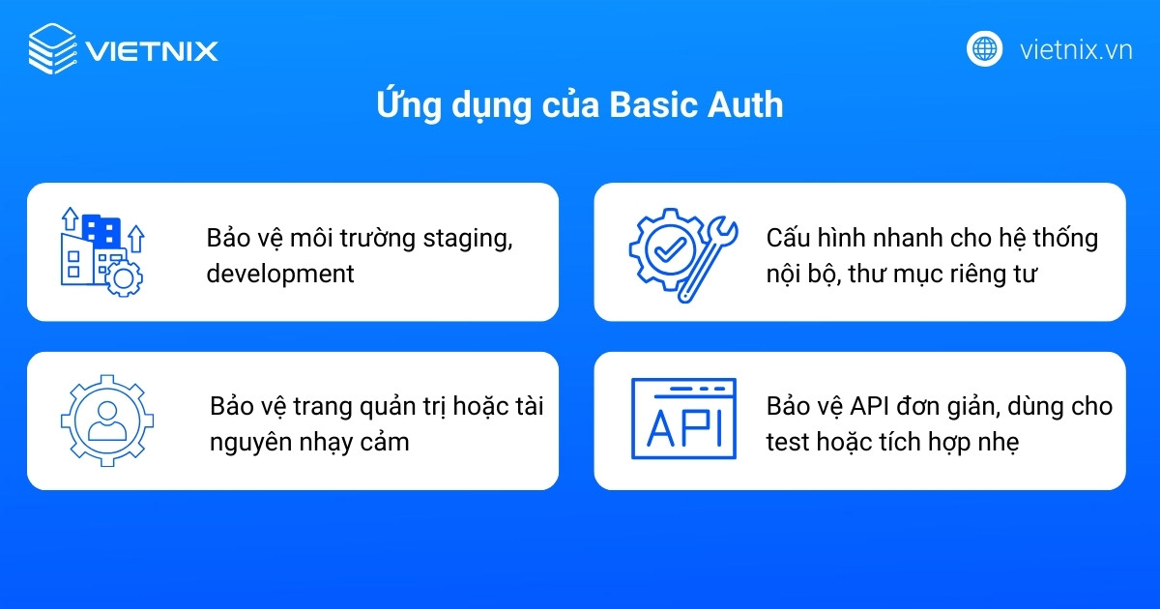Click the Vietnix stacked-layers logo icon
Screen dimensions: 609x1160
(51, 48)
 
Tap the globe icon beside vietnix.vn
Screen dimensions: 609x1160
(984, 48)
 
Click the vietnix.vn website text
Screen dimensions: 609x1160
(1075, 49)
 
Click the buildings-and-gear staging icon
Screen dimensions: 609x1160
(101, 250)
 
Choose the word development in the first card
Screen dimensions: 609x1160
(280, 274)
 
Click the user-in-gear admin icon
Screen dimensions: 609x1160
(107, 420)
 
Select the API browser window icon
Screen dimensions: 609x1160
(683, 419)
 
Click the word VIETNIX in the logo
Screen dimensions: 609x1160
(152, 49)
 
